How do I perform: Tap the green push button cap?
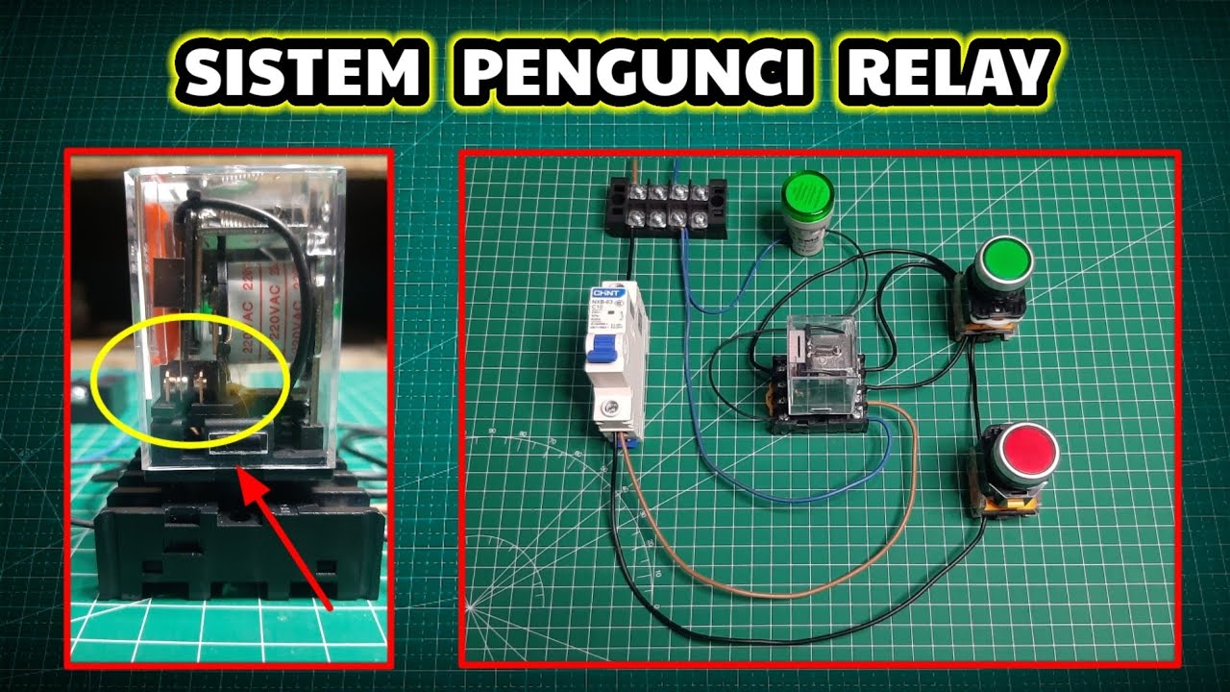[1005, 260]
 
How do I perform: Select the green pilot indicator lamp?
[805, 197]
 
